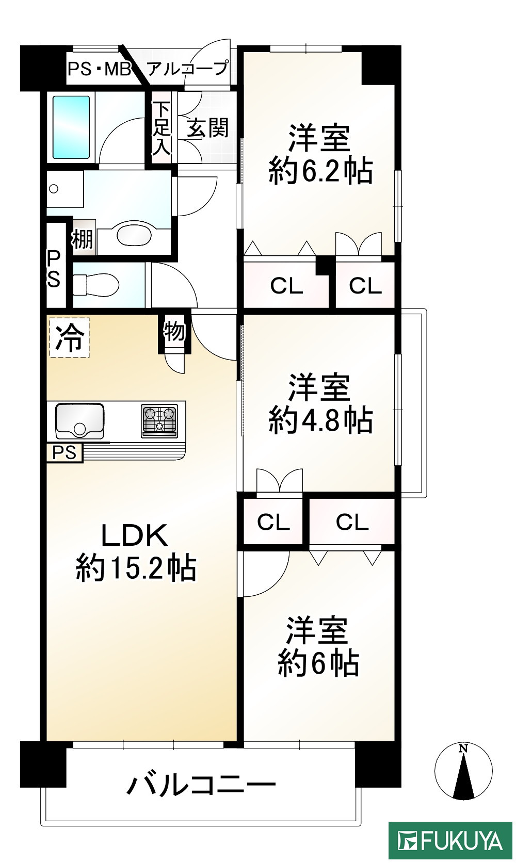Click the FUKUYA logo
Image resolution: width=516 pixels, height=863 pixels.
coord(449,840)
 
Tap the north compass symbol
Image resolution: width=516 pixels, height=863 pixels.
coord(463,771)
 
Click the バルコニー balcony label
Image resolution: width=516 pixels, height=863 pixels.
coord(201,785)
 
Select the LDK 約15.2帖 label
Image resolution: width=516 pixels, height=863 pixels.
coord(135,552)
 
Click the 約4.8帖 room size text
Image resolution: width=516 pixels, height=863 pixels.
coord(320,420)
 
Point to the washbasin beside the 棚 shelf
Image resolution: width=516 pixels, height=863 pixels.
coord(135,235)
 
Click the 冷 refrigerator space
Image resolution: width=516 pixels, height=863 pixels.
coord(69,338)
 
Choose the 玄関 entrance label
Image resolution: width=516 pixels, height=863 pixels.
coord(207,128)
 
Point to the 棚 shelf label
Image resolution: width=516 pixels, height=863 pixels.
coord(82,239)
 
